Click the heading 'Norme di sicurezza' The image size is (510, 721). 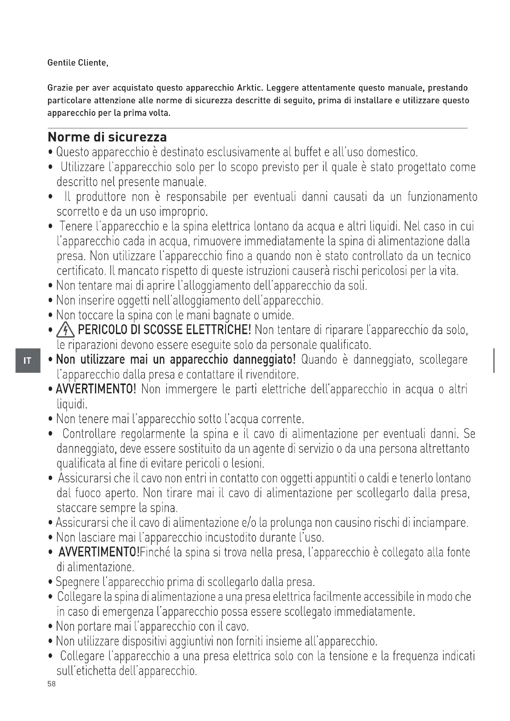tap(107, 137)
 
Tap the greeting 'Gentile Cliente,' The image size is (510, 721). tap(78, 63)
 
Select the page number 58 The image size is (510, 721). tap(51, 684)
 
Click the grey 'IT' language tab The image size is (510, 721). tap(28, 361)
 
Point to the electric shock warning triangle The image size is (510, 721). tap(65, 331)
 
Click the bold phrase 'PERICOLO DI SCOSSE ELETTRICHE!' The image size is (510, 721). tap(164, 330)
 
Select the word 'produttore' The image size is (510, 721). tap(101, 197)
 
